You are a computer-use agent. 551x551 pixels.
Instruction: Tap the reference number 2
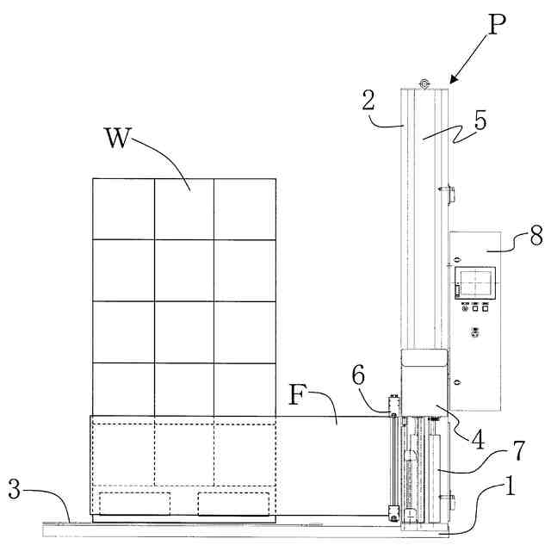tap(368, 102)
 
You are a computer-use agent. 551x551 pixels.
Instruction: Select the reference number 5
tap(480, 120)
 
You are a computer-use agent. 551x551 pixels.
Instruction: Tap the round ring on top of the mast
tap(424, 83)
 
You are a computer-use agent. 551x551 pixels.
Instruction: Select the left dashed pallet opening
tap(135, 503)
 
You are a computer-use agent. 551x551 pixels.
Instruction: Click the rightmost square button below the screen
tap(486, 308)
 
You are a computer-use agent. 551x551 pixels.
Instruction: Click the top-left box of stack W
tap(124, 208)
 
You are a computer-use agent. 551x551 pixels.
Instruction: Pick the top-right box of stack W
tap(245, 208)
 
